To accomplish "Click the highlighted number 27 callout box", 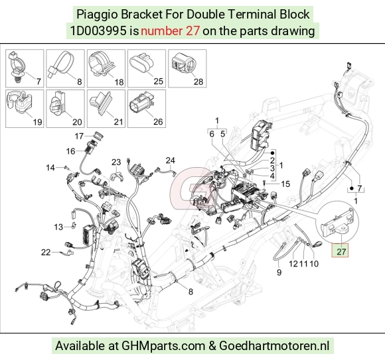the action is click(x=340, y=251).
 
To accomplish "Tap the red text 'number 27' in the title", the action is click(x=170, y=31).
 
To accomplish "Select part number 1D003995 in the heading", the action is click(x=98, y=31).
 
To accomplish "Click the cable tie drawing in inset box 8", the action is click(x=62, y=64).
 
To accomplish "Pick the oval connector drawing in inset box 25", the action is click(x=142, y=64).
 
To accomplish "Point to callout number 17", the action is click(x=79, y=136).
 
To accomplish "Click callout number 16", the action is click(x=70, y=151).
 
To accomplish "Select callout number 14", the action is click(x=50, y=168).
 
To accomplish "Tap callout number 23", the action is click(x=116, y=162).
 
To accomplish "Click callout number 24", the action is click(x=170, y=160).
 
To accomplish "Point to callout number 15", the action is click(x=285, y=184).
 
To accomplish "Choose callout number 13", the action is click(x=58, y=227).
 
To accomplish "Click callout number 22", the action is click(x=46, y=253).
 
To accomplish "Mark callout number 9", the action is click(x=279, y=272).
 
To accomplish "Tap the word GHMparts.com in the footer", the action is click(x=163, y=346).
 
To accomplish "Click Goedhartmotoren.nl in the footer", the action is click(x=273, y=346).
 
